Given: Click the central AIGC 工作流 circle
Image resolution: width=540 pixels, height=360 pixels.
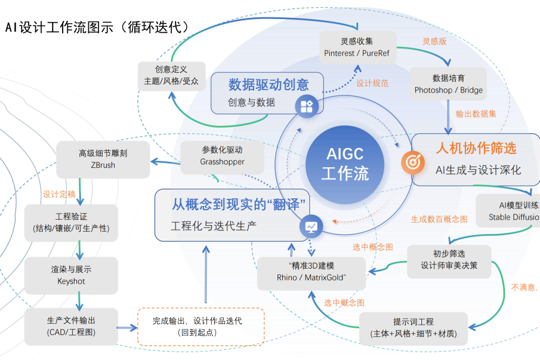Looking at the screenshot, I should pyautogui.click(x=345, y=163).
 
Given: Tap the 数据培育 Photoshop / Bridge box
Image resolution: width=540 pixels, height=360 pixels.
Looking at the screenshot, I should pyautogui.click(x=448, y=84).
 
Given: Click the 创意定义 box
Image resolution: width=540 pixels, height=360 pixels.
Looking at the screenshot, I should pyautogui.click(x=171, y=75).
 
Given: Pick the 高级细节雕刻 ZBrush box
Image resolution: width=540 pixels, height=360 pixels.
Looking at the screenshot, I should pyautogui.click(x=103, y=159).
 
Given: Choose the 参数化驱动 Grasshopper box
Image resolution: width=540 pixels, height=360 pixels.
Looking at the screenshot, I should pyautogui.click(x=222, y=156).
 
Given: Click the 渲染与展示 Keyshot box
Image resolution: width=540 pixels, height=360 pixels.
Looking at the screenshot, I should pyautogui.click(x=71, y=275).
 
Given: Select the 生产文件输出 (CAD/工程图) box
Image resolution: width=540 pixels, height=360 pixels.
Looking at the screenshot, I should pyautogui.click(x=71, y=326).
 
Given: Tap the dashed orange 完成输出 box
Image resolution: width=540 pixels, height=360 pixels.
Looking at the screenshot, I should pyautogui.click(x=200, y=326).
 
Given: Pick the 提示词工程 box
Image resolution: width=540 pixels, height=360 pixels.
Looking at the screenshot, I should pyautogui.click(x=413, y=328).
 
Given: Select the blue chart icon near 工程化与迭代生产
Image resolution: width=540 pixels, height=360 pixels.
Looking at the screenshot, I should pyautogui.click(x=311, y=226).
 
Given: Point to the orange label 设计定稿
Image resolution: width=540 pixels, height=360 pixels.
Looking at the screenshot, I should pyautogui.click(x=59, y=194).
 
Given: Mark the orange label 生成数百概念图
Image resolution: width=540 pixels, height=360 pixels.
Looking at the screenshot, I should pyautogui.click(x=439, y=219).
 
